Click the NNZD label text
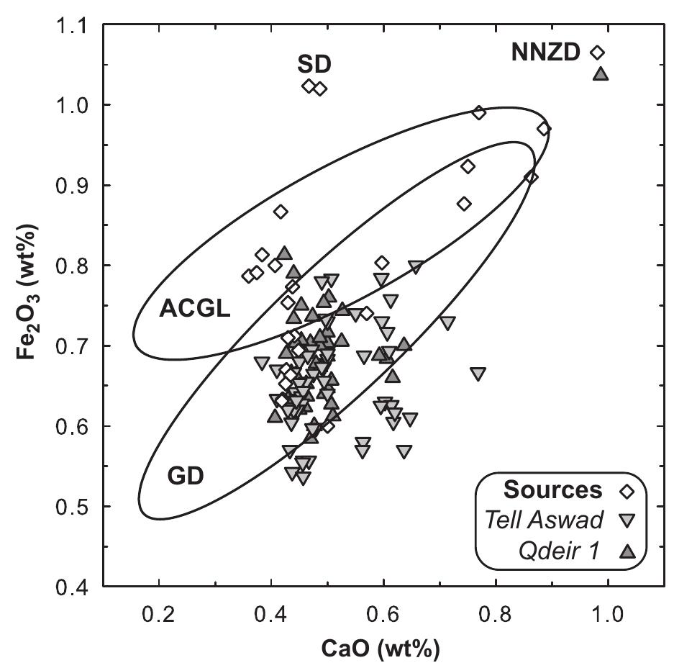tap(545, 53)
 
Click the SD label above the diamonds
tap(314, 64)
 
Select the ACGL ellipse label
tap(194, 310)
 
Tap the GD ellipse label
tap(186, 476)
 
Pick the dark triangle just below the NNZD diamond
tap(601, 73)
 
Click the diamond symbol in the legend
tap(627, 491)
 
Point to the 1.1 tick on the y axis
tap(72, 25)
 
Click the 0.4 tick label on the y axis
tap(72, 587)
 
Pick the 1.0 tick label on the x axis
tap(607, 615)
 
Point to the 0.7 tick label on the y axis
tap(72, 346)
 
